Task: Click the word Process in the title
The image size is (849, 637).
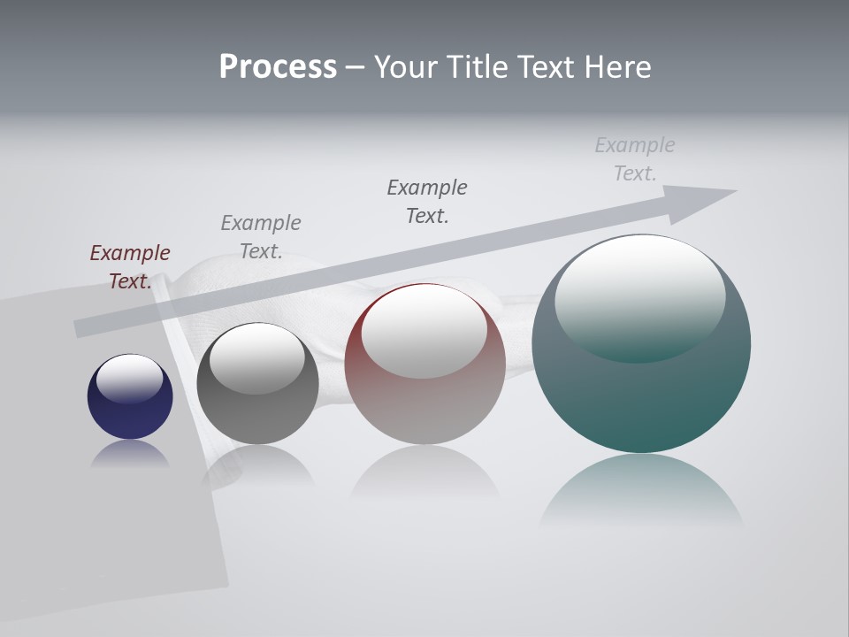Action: (x=278, y=67)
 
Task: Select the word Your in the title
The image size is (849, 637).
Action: (x=405, y=67)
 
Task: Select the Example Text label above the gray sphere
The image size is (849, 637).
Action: (x=261, y=237)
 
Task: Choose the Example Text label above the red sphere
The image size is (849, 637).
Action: (x=427, y=202)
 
